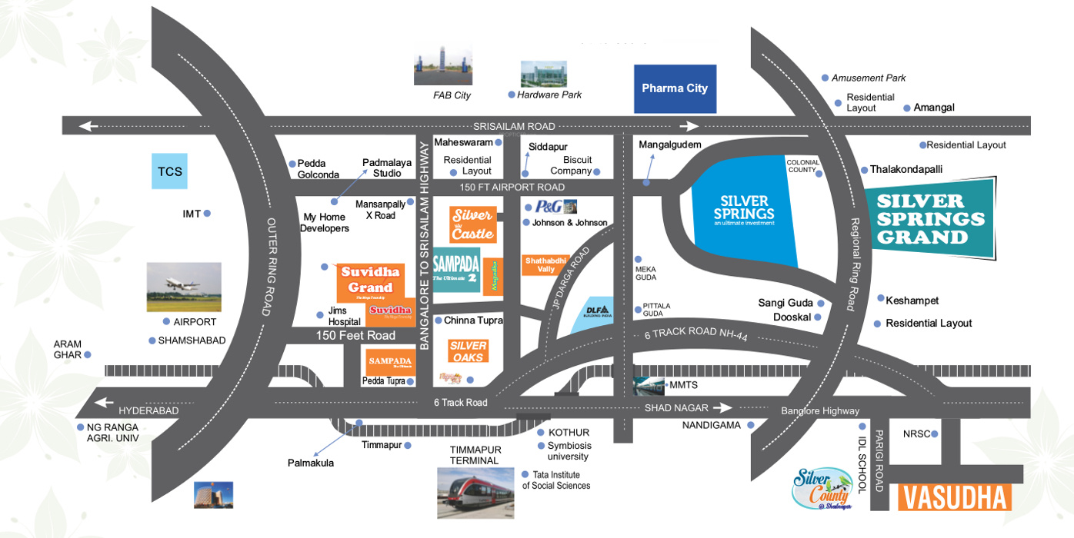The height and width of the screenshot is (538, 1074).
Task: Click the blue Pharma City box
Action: [x=675, y=88]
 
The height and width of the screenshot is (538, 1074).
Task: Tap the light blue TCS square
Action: [x=169, y=171]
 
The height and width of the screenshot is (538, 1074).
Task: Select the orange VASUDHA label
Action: [x=954, y=498]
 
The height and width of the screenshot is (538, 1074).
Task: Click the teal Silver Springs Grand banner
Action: [x=931, y=218]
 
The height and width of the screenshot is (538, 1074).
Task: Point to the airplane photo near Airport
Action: [x=184, y=287]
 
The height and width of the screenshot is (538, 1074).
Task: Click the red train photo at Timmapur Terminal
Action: [x=475, y=493]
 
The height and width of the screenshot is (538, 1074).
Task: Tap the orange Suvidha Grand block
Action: [x=370, y=281]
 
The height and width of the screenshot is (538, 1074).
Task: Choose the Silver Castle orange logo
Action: [x=472, y=224]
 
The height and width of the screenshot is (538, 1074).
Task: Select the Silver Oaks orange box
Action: [x=468, y=351]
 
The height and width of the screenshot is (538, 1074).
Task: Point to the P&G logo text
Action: [x=549, y=206]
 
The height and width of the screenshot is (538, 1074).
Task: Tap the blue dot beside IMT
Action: [x=207, y=214]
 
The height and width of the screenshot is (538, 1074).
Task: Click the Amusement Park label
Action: [x=869, y=78]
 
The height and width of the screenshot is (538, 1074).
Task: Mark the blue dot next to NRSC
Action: [x=934, y=434]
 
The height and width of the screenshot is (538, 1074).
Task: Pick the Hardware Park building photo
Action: [x=543, y=74]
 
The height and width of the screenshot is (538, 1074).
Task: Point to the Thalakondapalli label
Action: [x=906, y=169]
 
